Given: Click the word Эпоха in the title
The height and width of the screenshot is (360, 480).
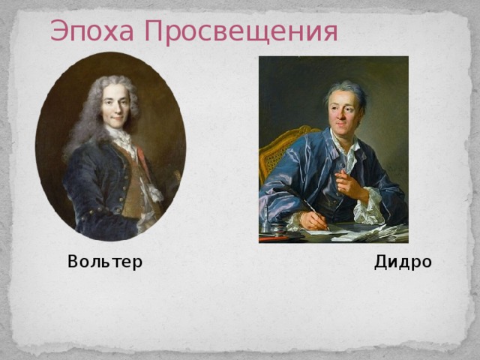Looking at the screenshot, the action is point(92,31).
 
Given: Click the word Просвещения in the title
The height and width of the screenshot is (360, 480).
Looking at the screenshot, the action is point(241,32).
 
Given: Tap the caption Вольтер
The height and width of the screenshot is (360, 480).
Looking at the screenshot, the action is point(105,262).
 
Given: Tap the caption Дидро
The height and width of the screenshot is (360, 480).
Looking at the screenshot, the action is point(403,262).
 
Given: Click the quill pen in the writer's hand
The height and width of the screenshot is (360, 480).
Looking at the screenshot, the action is point(316,214).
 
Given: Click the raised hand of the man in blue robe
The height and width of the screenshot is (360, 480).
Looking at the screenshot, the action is point(349,184).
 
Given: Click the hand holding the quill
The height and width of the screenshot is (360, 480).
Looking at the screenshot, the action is point(313,220).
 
